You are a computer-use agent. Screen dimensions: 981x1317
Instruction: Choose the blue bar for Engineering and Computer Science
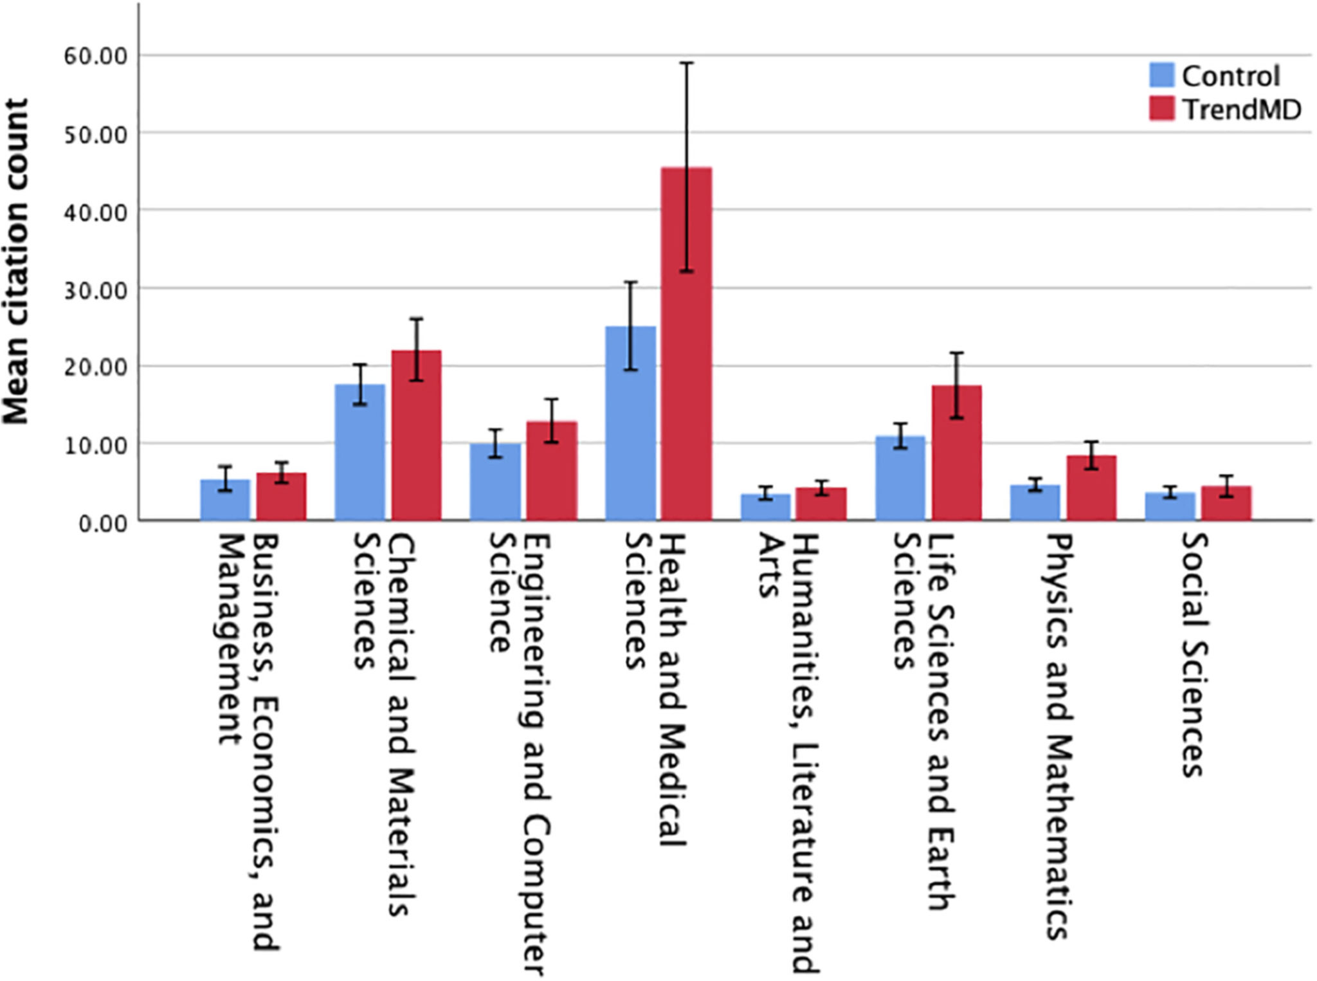pos(495,482)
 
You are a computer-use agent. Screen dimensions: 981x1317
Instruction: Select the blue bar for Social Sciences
pos(1170,506)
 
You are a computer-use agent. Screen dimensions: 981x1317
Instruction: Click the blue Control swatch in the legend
pos(1161,75)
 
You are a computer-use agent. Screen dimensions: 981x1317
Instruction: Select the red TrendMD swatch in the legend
pos(1161,109)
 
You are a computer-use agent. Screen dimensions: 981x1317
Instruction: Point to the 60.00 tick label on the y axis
pos(96,57)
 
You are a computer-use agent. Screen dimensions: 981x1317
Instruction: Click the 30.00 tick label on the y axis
pos(96,290)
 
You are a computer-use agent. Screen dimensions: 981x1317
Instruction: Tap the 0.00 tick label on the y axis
pos(103,523)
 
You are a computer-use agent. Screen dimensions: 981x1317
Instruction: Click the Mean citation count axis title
pos(16,261)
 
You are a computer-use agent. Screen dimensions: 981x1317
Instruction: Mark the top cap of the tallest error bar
pos(687,63)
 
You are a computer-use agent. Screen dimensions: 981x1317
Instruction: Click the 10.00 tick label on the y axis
pos(96,445)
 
